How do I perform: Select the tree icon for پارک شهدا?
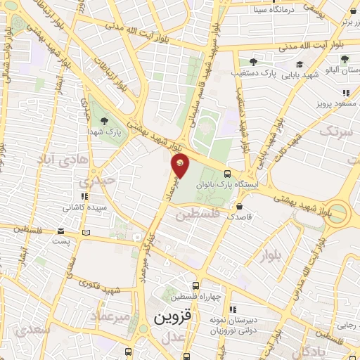(x=104, y=121)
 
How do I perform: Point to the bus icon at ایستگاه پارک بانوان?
(x=227, y=174)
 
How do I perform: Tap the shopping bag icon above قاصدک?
(x=240, y=207)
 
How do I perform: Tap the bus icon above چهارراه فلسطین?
(x=196, y=285)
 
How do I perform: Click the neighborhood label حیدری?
(x=96, y=181)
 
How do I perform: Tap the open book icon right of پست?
(x=86, y=232)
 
